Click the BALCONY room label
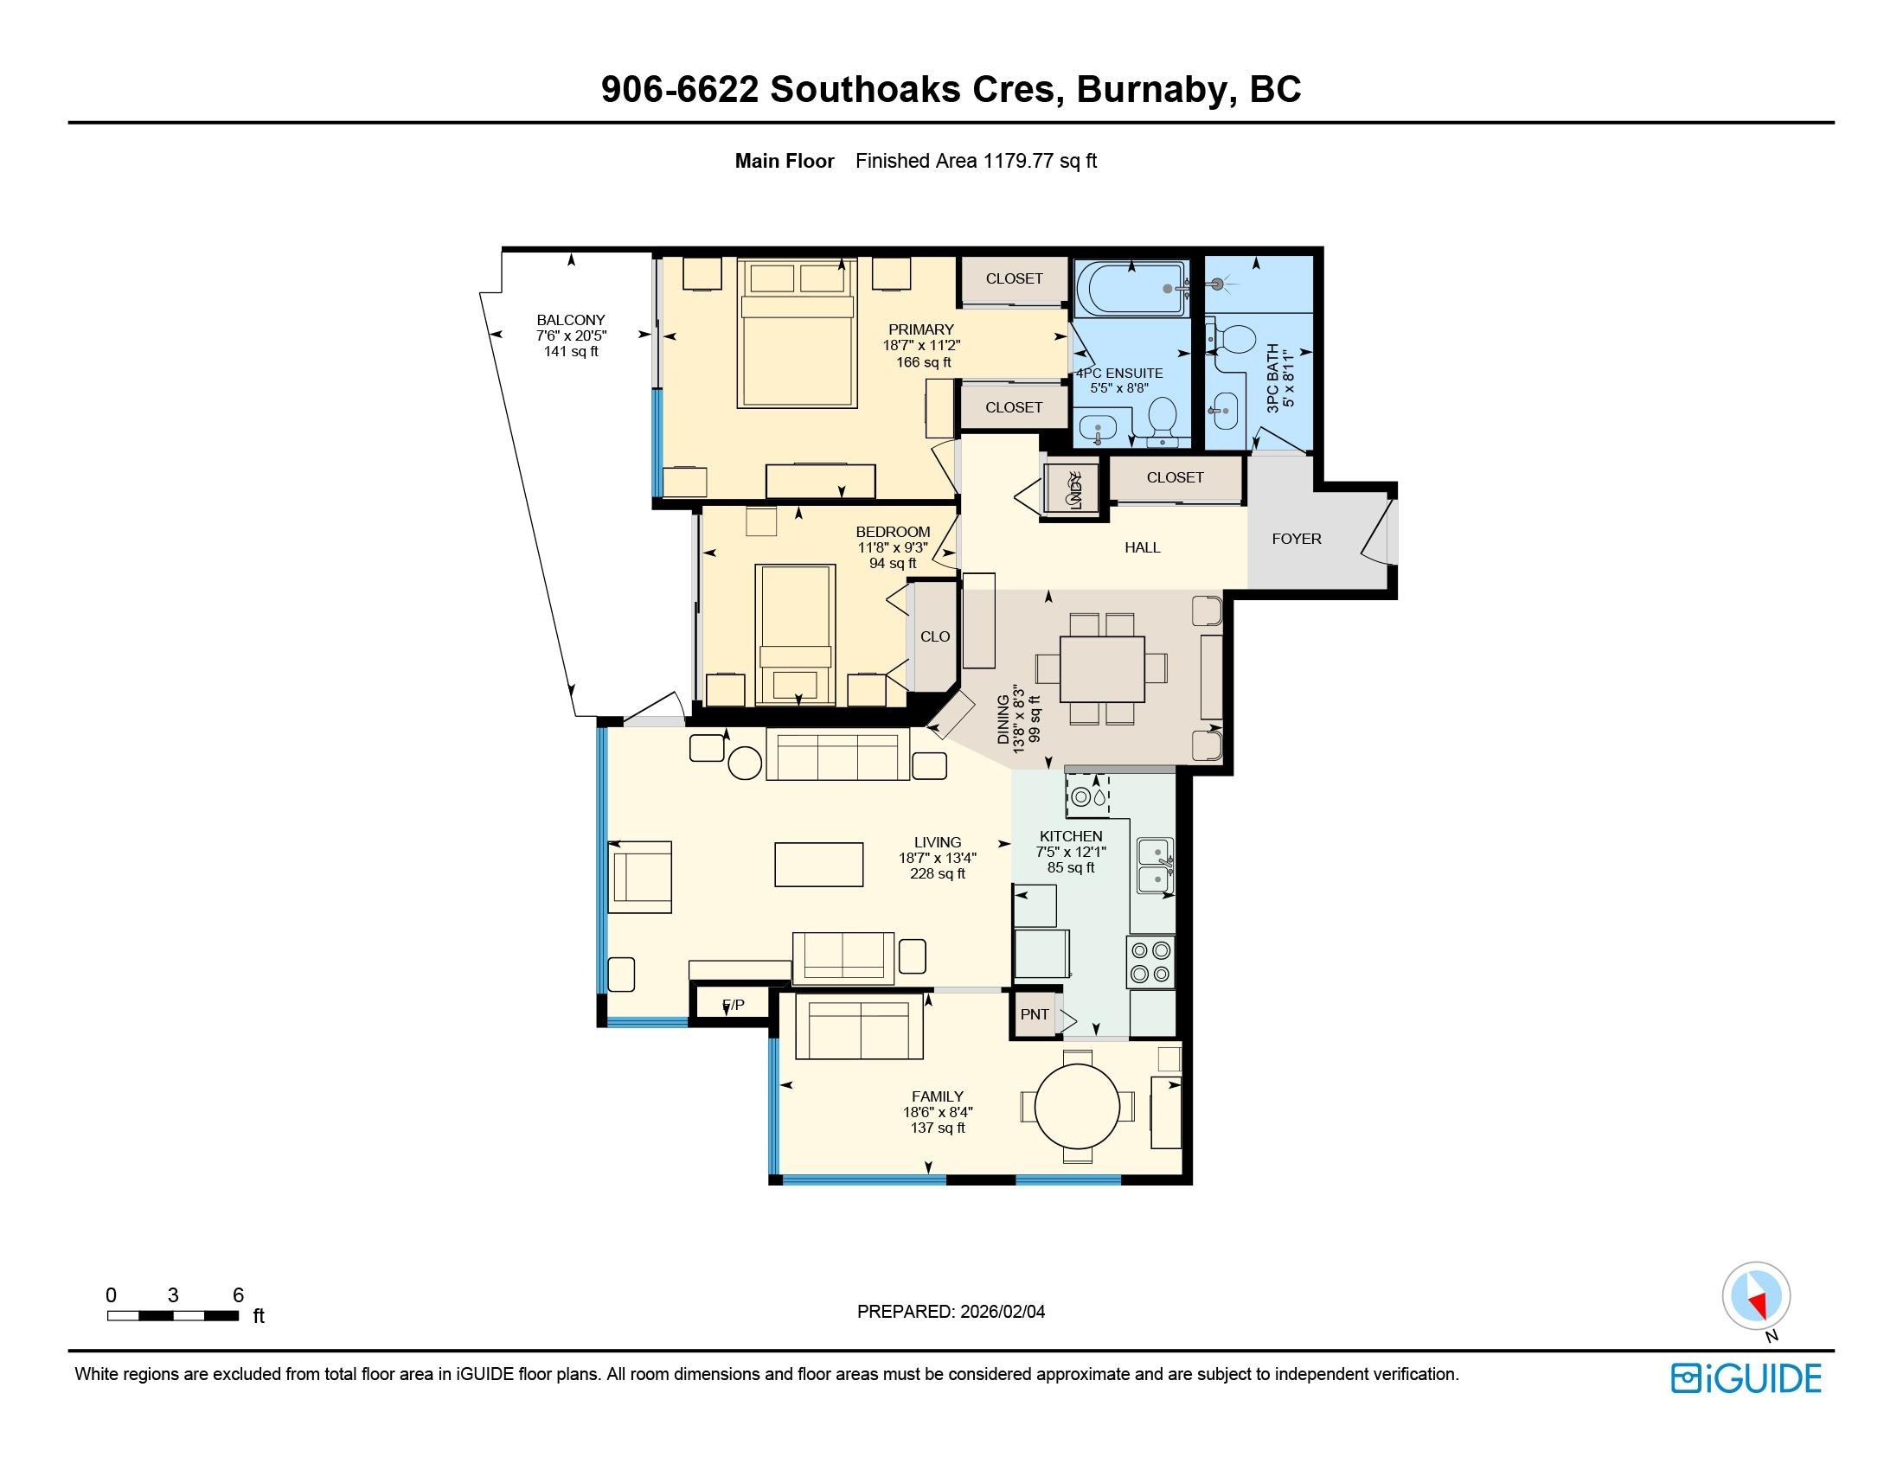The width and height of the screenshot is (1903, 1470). point(571,320)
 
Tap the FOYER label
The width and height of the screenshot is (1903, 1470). point(1297,539)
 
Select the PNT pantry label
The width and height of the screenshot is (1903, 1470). point(1035,1014)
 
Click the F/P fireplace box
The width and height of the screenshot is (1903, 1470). point(733,1005)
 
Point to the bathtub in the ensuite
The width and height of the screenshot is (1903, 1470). point(1131,288)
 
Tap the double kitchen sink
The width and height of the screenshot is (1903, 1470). point(1156,866)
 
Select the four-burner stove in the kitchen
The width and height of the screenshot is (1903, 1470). point(1151,962)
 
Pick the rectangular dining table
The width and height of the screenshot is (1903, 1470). point(1102,668)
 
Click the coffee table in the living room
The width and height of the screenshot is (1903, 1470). point(819,865)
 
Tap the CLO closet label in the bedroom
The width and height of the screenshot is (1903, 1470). point(935,636)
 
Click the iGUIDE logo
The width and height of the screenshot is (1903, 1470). point(1746,1377)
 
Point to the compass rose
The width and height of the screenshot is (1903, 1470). point(1757,1296)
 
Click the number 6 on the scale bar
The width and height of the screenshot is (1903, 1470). point(238,1295)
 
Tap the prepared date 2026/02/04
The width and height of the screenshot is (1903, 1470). point(1003,1312)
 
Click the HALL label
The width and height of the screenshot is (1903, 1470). point(1143,547)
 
